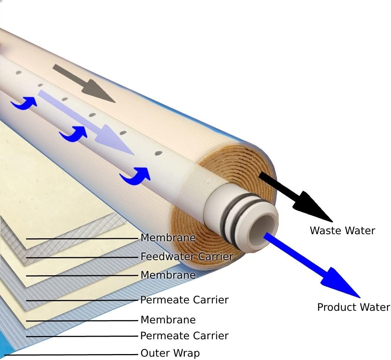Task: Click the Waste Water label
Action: pyautogui.click(x=342, y=231)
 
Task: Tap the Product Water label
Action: pyautogui.click(x=353, y=307)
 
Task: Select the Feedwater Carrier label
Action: pyautogui.click(x=187, y=256)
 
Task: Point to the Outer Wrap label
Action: pyautogui.click(x=170, y=353)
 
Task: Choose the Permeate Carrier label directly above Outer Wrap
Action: pyautogui.click(x=184, y=336)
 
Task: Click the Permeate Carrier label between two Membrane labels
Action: pyautogui.click(x=184, y=300)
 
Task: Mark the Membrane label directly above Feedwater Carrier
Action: pyautogui.click(x=168, y=238)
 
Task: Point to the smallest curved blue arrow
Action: pyautogui.click(x=24, y=103)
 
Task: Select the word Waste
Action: pyautogui.click(x=324, y=231)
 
